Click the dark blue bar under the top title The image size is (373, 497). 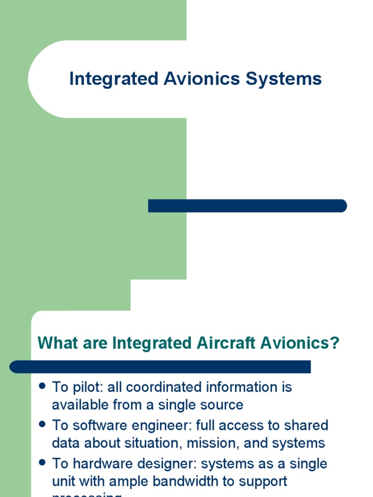point(247,206)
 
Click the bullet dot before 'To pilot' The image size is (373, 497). point(42,386)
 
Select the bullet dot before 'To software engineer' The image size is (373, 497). point(42,424)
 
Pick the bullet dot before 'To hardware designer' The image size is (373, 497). point(42,463)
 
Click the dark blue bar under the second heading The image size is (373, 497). point(160,366)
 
